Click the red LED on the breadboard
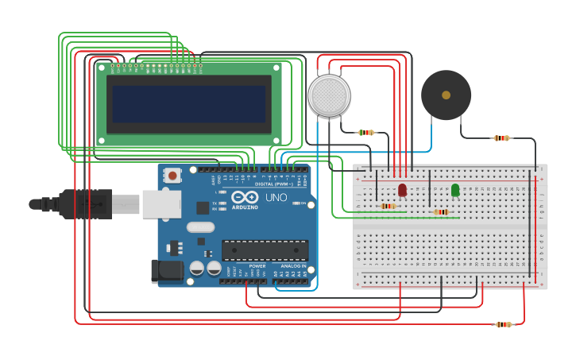click(402, 189)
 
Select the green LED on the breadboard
click(455, 189)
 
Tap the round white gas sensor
click(329, 95)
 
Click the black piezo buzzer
click(446, 95)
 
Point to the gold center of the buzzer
click(446, 95)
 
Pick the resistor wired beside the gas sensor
click(365, 132)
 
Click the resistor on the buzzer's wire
click(501, 138)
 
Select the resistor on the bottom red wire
click(503, 324)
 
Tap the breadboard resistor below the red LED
click(389, 206)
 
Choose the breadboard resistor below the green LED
click(441, 211)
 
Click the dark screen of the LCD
click(188, 103)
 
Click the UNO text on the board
click(276, 196)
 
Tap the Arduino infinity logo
click(245, 197)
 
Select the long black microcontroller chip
click(265, 250)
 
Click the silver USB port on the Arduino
click(161, 203)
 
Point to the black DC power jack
click(167, 270)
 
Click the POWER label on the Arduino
click(257, 265)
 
